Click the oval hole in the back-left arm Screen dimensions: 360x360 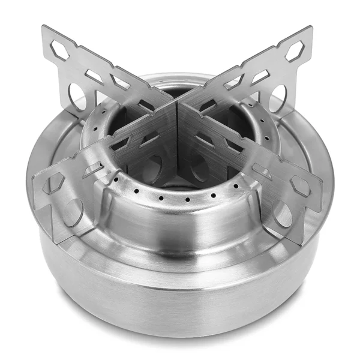click(77, 96)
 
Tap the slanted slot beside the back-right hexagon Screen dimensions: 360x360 click(260, 76)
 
